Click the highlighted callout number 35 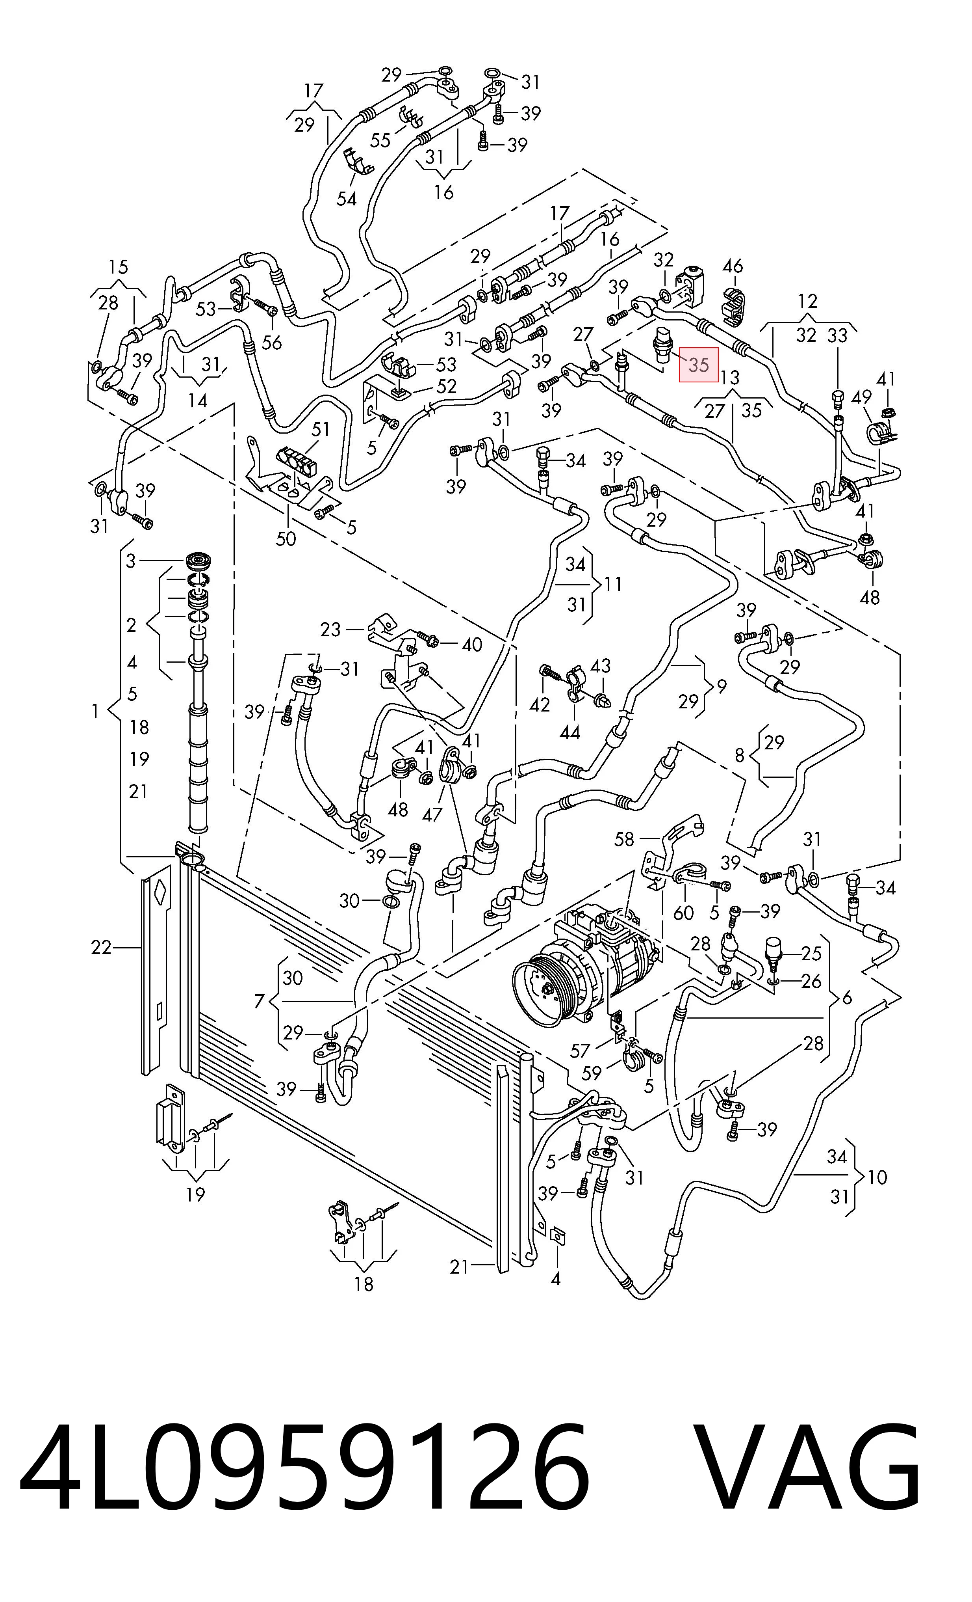(698, 365)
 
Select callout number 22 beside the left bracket (101, 948)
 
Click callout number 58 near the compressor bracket (624, 839)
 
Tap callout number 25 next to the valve (812, 954)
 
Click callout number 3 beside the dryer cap (131, 561)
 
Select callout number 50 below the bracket (286, 538)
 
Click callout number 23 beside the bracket (331, 630)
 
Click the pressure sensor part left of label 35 (661, 342)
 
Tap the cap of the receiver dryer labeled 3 (199, 561)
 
